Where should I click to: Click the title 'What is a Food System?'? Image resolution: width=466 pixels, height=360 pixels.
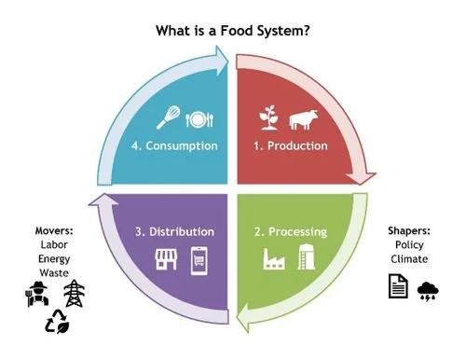233,30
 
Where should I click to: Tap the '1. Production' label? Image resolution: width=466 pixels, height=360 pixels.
292,145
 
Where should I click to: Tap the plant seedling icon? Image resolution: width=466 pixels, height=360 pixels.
269,118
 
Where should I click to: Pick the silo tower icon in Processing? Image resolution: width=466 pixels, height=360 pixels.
305,256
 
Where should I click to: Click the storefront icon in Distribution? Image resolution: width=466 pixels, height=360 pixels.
166,257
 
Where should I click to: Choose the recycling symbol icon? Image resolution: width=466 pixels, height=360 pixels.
55,322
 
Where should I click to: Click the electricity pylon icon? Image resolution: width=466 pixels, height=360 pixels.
72,294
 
